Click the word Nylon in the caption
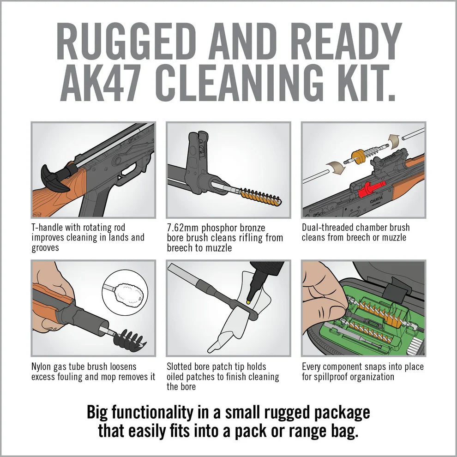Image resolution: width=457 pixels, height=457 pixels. pyautogui.click(x=42, y=367)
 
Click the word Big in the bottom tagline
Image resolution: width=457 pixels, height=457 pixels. pyautogui.click(x=100, y=412)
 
